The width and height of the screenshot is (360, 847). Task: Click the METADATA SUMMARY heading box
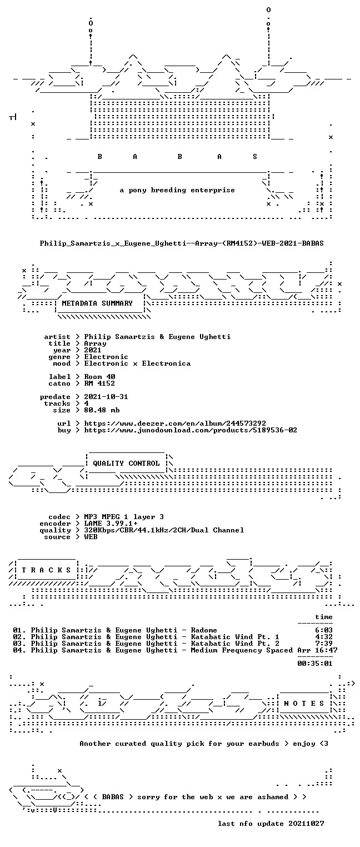(99, 303)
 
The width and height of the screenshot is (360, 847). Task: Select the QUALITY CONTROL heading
(126, 464)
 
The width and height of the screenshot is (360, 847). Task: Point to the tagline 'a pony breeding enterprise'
(177, 190)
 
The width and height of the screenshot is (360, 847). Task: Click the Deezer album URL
(174, 423)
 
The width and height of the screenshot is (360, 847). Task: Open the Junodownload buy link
(190, 430)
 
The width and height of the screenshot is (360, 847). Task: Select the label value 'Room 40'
(99, 377)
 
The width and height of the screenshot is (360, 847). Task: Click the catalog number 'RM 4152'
(99, 383)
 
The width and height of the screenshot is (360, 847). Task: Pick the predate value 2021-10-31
(106, 397)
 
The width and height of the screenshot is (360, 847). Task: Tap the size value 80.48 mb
(102, 410)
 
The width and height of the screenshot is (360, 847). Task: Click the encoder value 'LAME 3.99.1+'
(111, 524)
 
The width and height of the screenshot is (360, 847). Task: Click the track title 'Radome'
(204, 630)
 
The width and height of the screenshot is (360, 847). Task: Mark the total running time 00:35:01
(315, 663)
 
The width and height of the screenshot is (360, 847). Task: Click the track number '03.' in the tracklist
(19, 644)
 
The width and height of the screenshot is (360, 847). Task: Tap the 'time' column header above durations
(324, 617)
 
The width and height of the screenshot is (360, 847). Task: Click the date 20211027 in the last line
(306, 824)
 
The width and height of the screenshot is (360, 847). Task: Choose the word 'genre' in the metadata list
(59, 357)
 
